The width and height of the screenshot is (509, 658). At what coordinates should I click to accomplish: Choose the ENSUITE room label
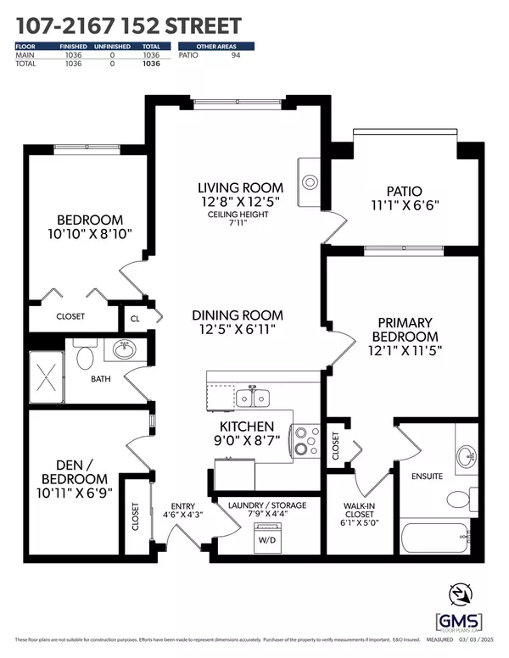(427, 477)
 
